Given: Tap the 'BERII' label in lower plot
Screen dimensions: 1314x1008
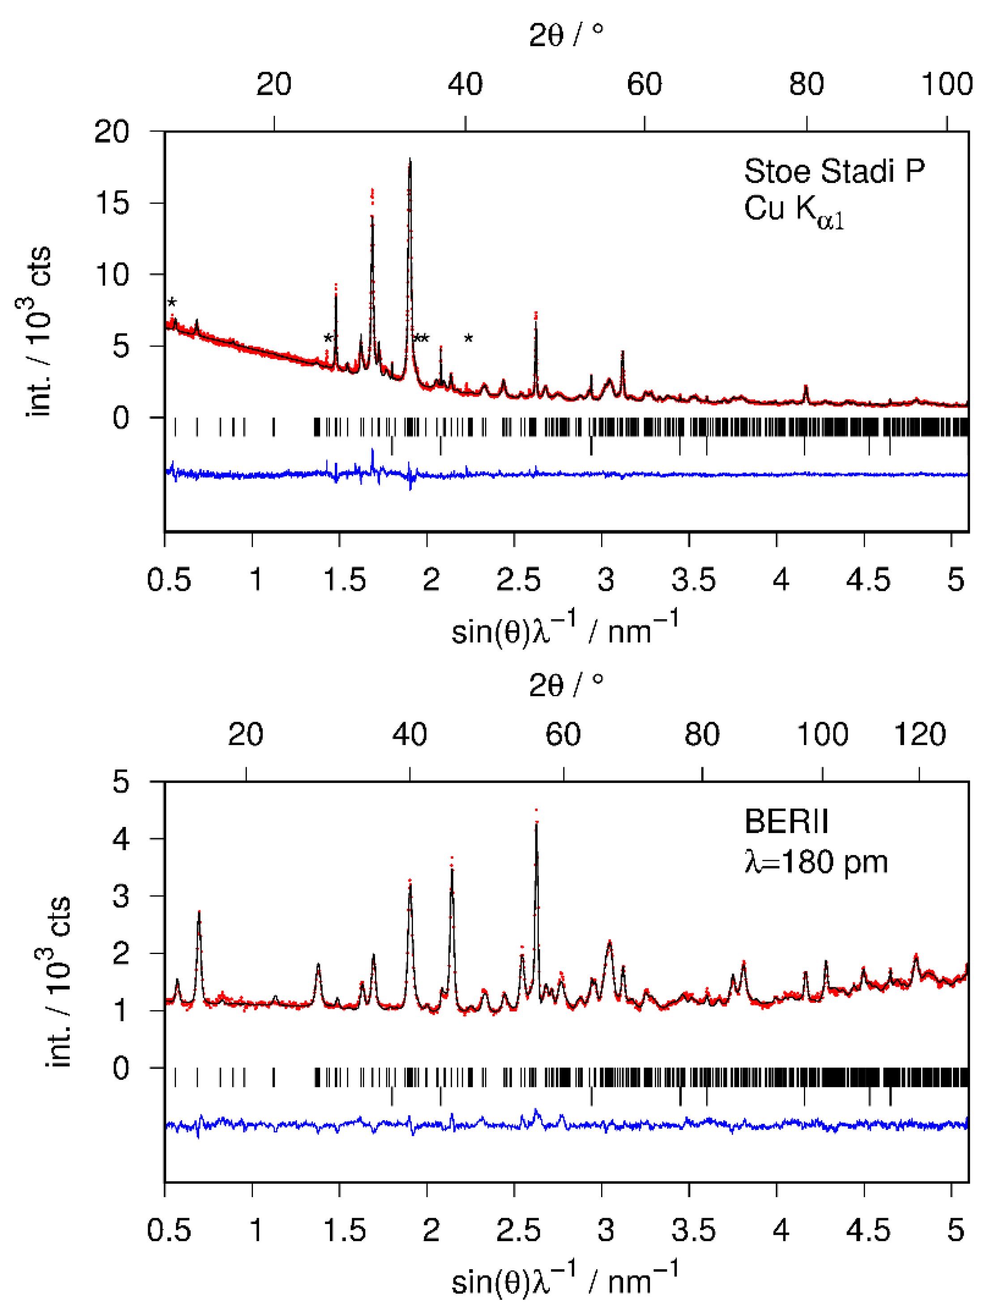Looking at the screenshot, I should coord(786,822).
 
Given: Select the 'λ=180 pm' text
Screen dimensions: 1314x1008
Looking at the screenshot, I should coord(816,862).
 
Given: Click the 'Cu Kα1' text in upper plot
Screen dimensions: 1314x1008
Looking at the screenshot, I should coord(793,210).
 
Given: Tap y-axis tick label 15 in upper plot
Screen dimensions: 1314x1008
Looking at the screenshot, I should coord(112,203).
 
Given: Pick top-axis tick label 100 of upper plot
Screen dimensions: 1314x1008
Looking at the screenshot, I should coord(947,84).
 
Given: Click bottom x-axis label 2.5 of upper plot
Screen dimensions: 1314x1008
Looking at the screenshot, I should coord(518,580).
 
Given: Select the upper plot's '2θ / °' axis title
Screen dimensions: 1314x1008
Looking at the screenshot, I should coord(566,35).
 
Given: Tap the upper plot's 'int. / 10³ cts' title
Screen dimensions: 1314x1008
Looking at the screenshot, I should coord(38,330).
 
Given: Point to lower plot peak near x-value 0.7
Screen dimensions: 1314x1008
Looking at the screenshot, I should coord(199,916).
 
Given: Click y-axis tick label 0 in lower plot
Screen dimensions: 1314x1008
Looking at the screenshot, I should coord(120,1068).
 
